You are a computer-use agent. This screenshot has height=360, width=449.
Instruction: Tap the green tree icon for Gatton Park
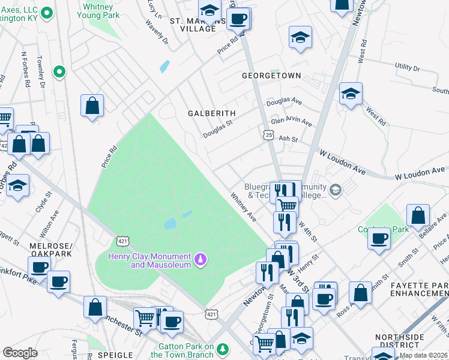pos(223,349)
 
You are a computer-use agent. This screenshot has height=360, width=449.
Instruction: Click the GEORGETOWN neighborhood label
pos(271,76)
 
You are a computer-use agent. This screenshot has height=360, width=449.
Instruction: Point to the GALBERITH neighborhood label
pos(211,113)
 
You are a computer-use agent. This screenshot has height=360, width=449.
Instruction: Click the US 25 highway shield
pos(267,135)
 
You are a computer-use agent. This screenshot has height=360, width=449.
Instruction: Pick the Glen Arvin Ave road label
pos(292,122)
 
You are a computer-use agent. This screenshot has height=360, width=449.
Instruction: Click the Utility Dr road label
pos(411,67)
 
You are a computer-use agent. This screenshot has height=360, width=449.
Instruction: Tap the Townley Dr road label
pos(41,71)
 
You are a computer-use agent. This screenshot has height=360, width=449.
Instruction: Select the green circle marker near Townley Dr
pos(59,73)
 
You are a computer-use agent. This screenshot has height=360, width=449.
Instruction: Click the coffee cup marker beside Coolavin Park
pos(378,238)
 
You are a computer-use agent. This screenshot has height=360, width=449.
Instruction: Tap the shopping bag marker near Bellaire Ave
pos(418,215)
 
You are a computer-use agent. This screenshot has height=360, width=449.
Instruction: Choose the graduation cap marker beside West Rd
pos(351,94)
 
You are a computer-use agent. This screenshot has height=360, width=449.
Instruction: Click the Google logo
pos(20,353)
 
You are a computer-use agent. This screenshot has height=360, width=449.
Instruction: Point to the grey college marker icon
pos(336,190)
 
